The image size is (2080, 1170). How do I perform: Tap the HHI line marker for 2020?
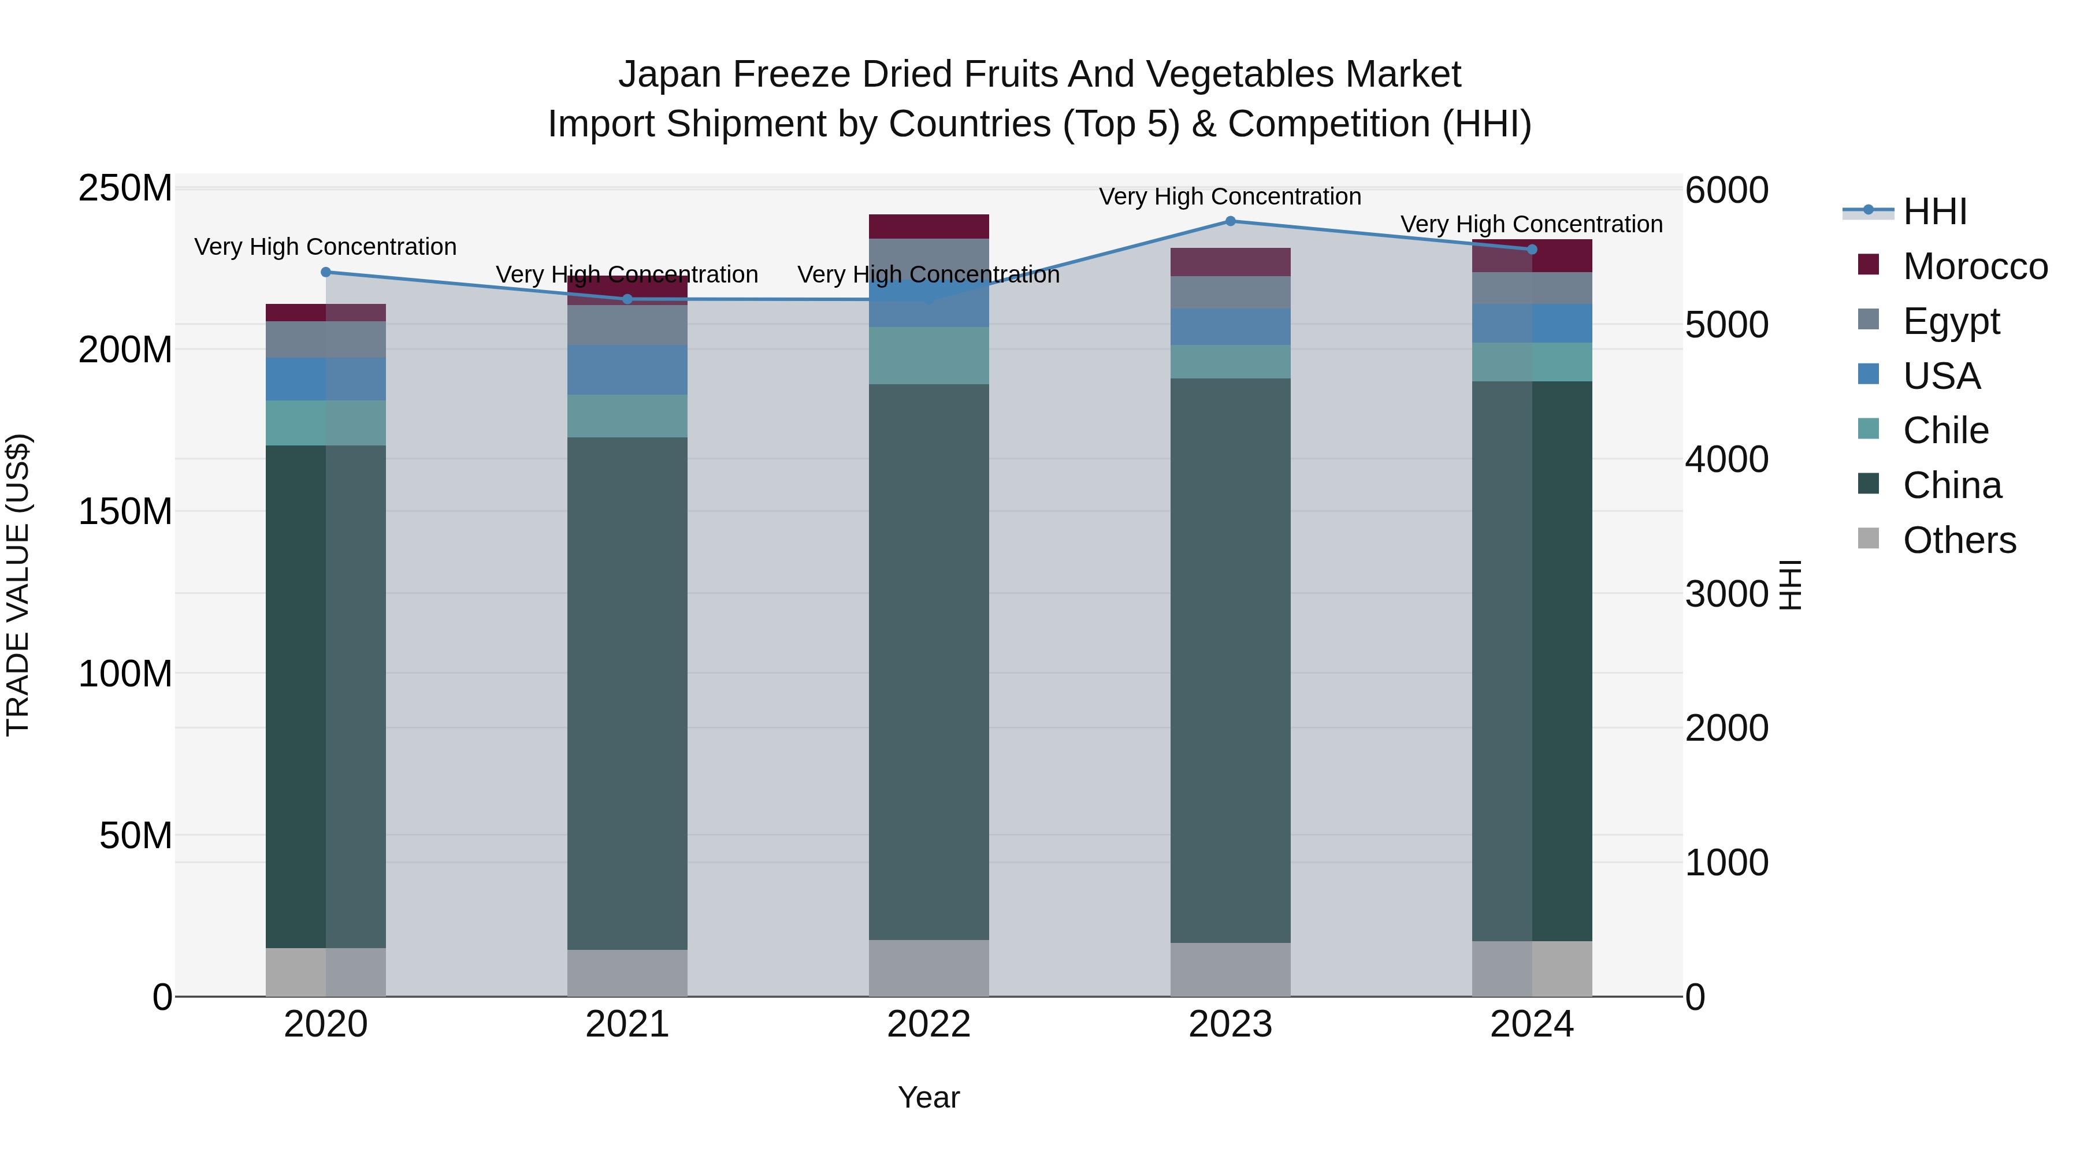pos(326,272)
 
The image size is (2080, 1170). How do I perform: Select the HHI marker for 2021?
pos(627,299)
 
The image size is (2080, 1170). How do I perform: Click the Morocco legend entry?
pos(1974,266)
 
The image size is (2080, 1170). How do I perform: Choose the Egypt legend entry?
pos(1950,321)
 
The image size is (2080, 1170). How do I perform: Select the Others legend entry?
pos(1959,540)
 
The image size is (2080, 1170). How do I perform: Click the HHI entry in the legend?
pos(1934,211)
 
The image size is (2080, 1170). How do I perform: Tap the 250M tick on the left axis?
pos(125,188)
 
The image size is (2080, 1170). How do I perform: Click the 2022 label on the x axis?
pos(928,1024)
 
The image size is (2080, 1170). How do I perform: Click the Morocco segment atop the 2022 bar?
pos(928,226)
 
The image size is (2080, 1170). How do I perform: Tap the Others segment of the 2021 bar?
pos(627,973)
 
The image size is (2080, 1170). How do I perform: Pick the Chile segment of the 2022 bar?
pos(928,355)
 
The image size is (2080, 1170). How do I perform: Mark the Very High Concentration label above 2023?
pos(1230,197)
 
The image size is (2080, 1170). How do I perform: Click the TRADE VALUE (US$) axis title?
pos(18,585)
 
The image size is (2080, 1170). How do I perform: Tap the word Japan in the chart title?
pos(670,75)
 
